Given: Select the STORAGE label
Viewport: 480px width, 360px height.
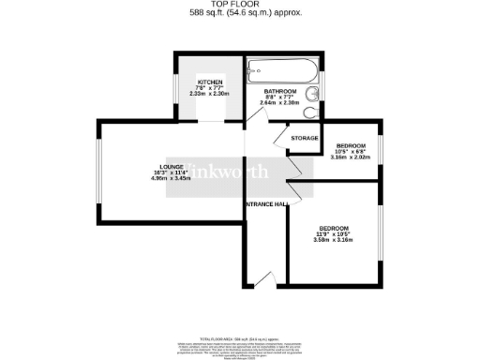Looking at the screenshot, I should click(304, 138).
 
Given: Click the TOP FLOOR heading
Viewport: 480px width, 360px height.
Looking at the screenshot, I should click(239, 5).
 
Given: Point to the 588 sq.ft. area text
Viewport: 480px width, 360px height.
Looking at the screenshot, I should click(239, 14).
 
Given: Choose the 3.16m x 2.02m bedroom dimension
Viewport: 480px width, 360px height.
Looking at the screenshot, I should click(351, 157).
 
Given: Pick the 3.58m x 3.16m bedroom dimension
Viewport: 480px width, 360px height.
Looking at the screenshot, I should click(334, 240).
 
